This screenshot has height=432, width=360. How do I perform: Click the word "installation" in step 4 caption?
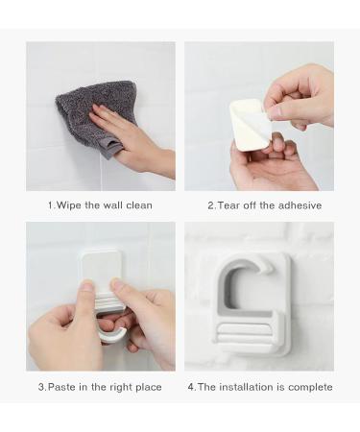pyautogui.click(x=246, y=387)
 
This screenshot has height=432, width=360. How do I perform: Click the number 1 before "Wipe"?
pyautogui.click(x=50, y=205)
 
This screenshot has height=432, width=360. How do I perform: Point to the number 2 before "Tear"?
pyautogui.click(x=210, y=205)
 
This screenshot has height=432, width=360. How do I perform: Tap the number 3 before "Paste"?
pyautogui.click(x=40, y=387)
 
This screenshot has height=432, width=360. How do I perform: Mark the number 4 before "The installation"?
pyautogui.click(x=190, y=387)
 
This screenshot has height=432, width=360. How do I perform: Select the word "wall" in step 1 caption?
pyautogui.click(x=108, y=205)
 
